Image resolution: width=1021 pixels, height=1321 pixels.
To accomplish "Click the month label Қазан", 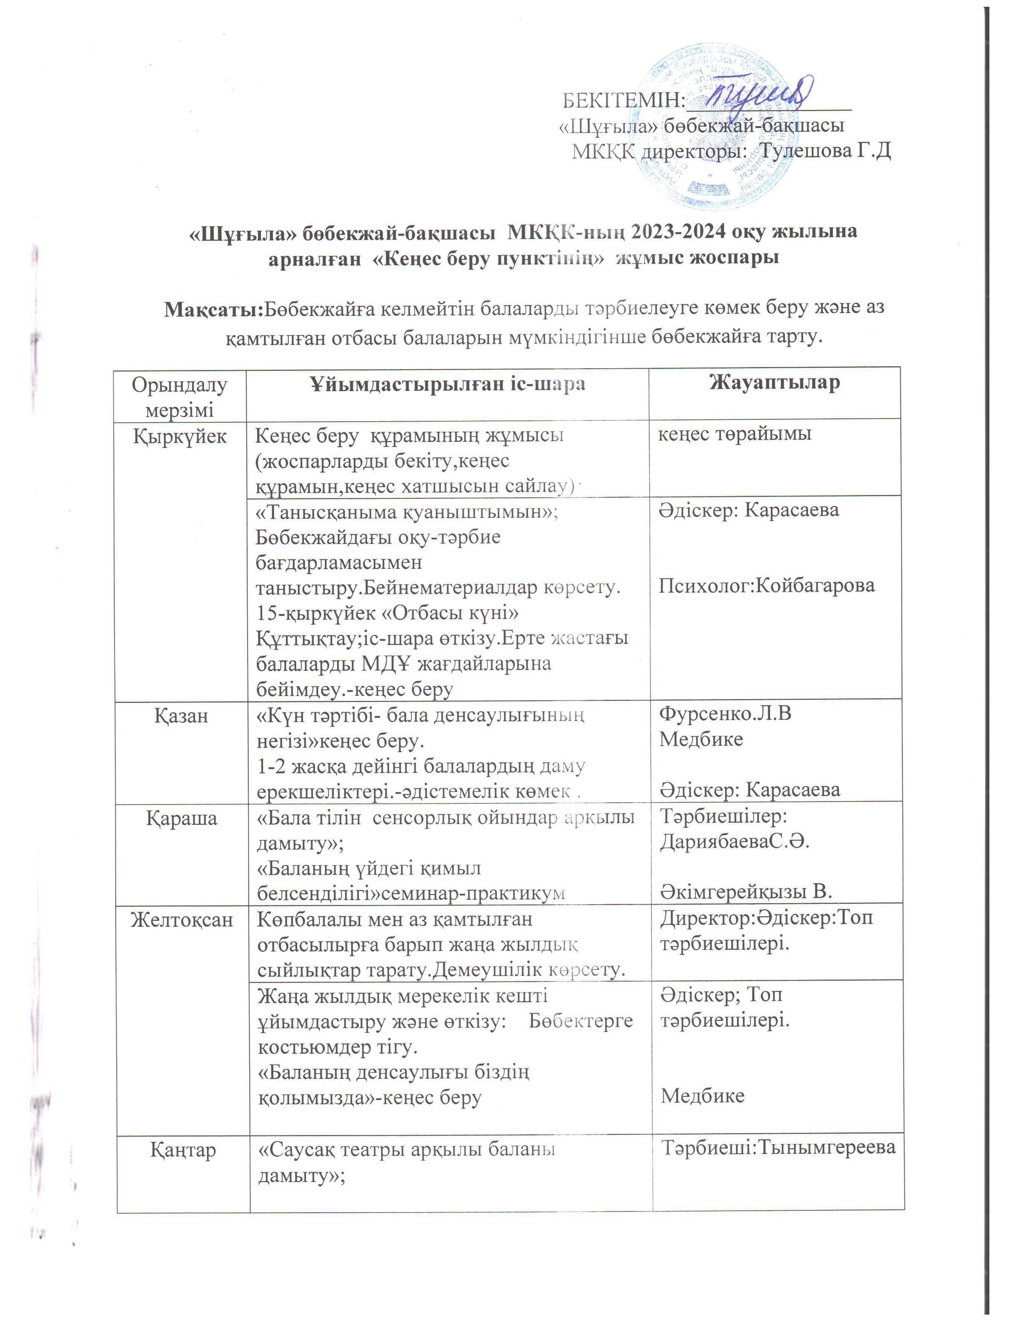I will (181, 716).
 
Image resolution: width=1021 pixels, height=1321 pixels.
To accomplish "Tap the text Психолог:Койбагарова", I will (767, 585).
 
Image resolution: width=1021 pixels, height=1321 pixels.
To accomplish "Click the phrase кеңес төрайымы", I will (734, 433).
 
